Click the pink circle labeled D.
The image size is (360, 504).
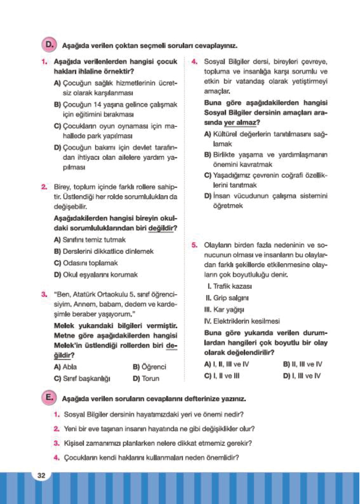49,45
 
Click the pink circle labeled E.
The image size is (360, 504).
49,398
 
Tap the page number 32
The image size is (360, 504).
41,475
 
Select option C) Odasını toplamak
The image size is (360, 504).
86,263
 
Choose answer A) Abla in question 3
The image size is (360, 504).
65,367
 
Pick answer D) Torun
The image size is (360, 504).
146,379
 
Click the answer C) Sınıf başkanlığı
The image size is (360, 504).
82,379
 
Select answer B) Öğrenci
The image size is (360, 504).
149,367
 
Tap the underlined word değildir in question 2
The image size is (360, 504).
162,228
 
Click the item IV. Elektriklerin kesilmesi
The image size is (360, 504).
242,321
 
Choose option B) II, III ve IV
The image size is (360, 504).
303,364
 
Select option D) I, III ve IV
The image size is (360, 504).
302,376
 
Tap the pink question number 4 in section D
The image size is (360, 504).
194,62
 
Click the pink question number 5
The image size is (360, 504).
194,245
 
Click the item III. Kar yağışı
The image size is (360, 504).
224,309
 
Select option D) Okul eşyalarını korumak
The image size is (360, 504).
96,275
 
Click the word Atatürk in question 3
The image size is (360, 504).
84,295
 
